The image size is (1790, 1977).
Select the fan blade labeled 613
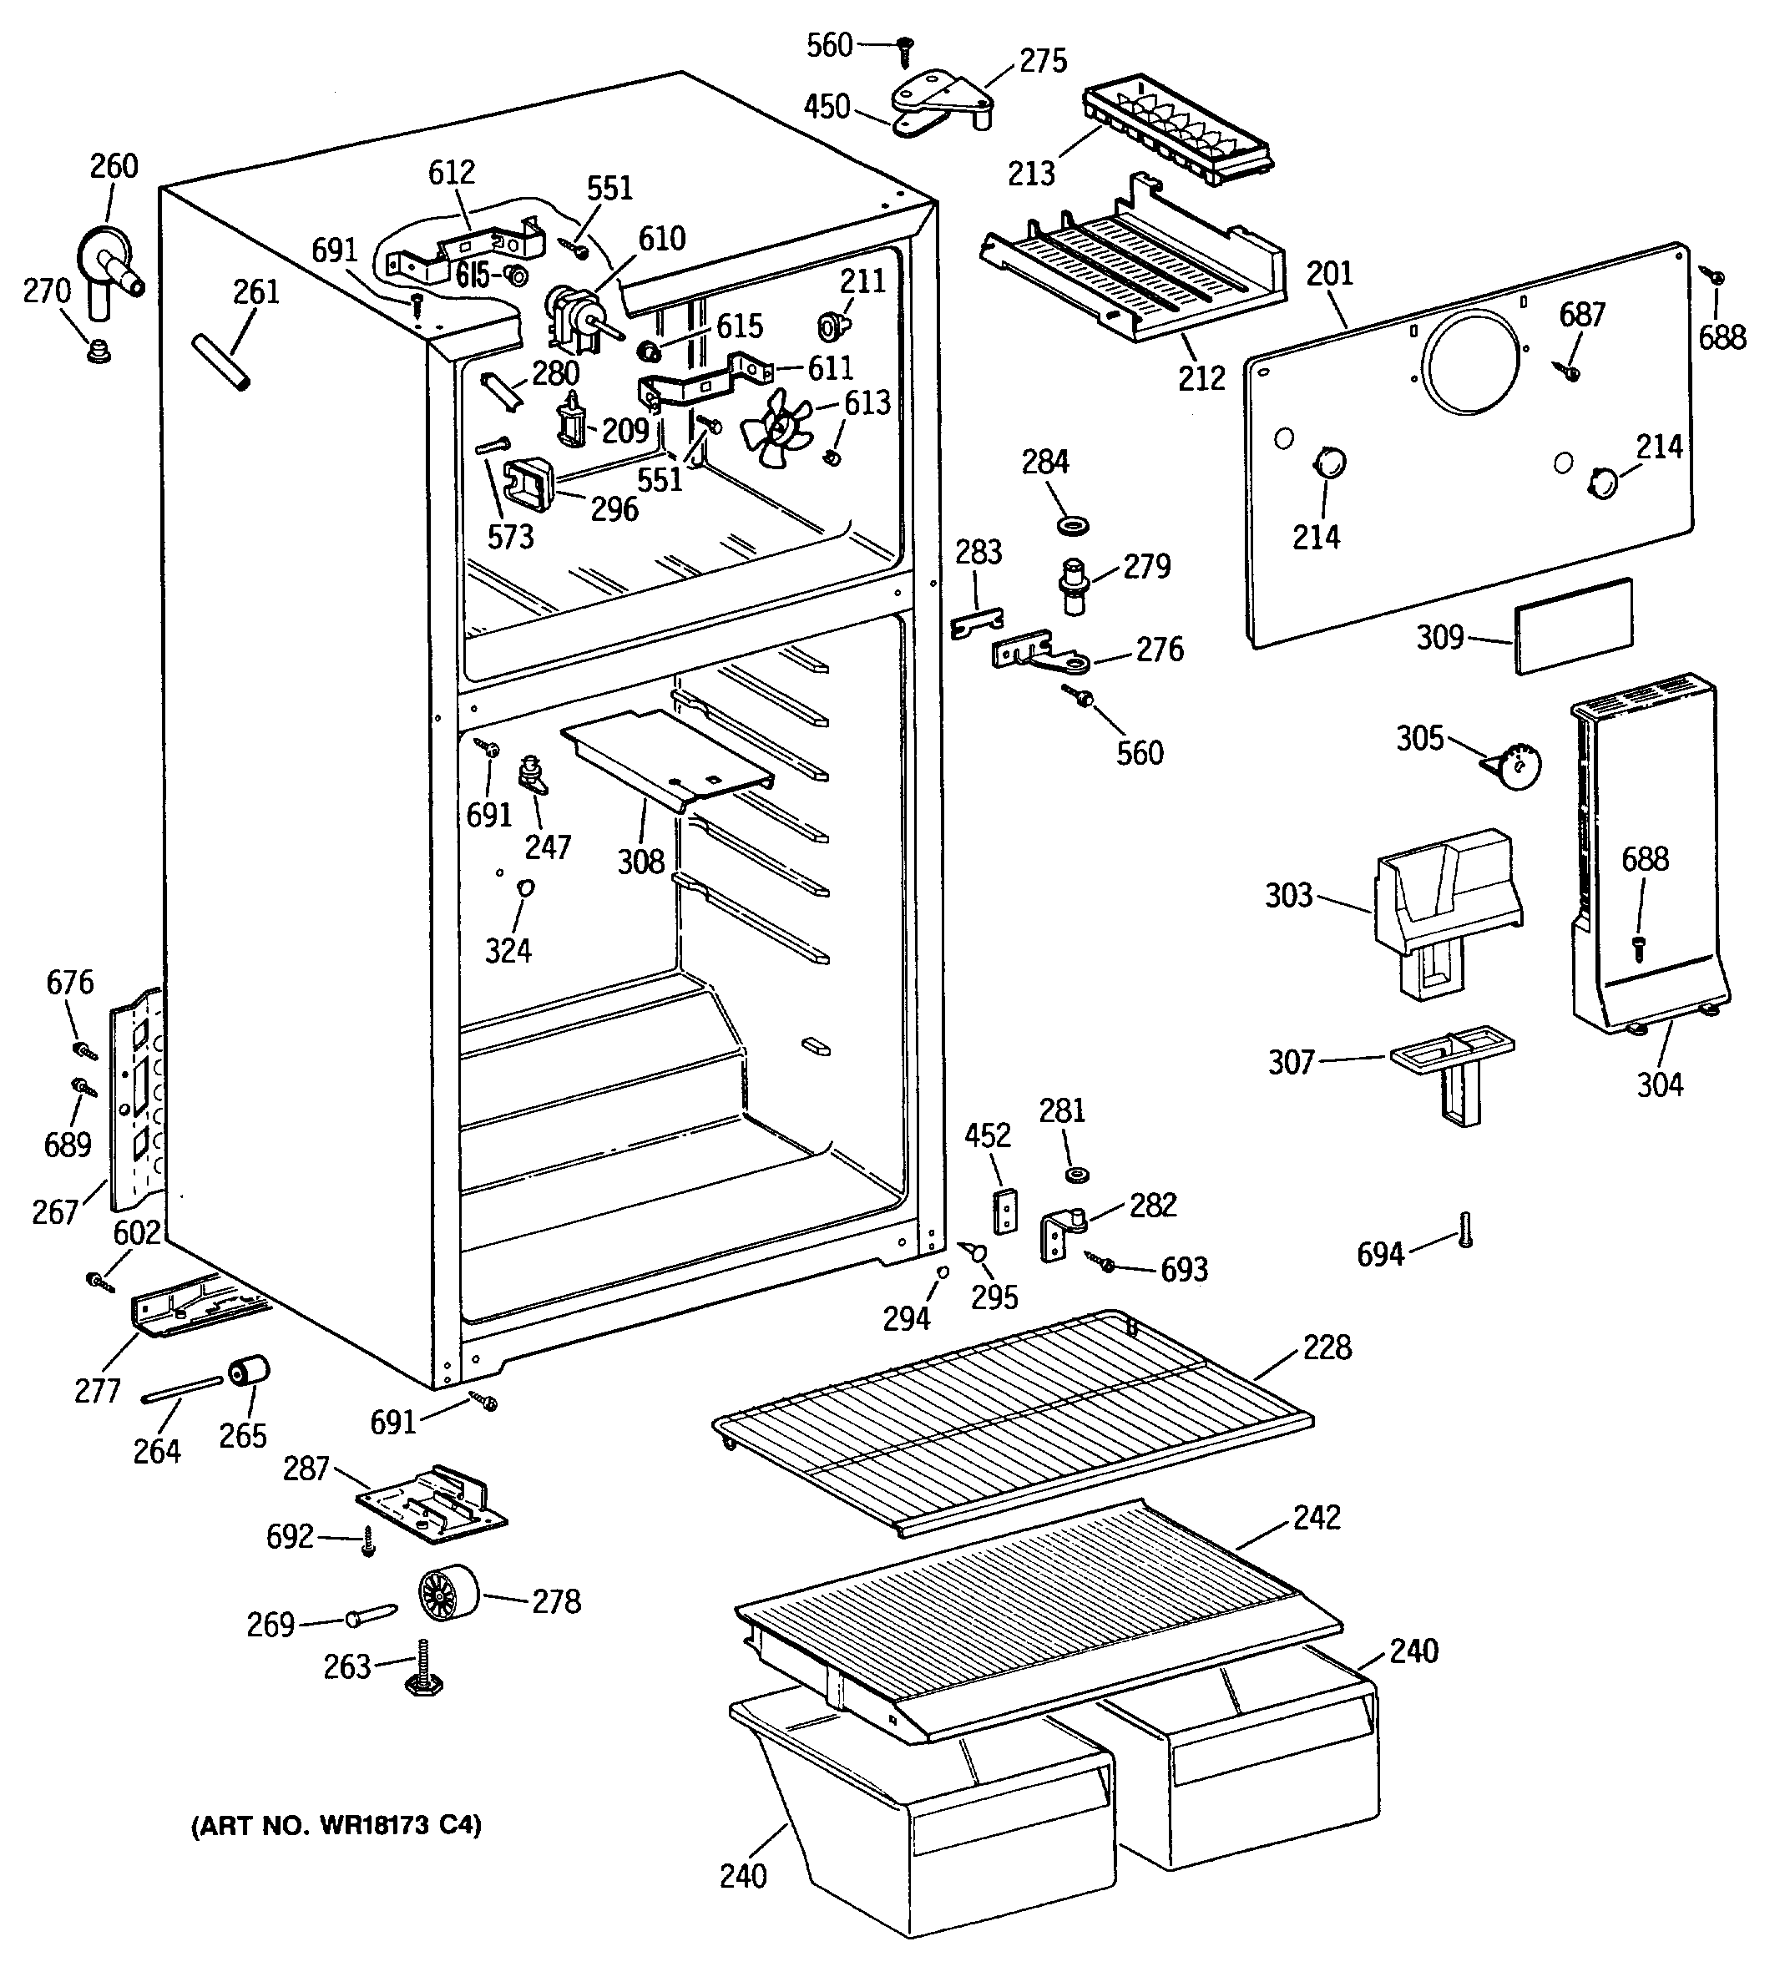(776, 433)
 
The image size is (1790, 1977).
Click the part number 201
(1329, 274)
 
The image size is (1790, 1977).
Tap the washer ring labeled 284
(1073, 527)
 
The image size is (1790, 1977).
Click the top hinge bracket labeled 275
(942, 106)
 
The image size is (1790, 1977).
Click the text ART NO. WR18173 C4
(336, 1825)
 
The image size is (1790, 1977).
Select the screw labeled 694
(1465, 1229)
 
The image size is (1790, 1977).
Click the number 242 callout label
(1317, 1517)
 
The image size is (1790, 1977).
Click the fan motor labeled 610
(578, 316)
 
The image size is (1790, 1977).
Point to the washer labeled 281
(1078, 1174)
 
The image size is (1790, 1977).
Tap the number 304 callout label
(1660, 1085)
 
